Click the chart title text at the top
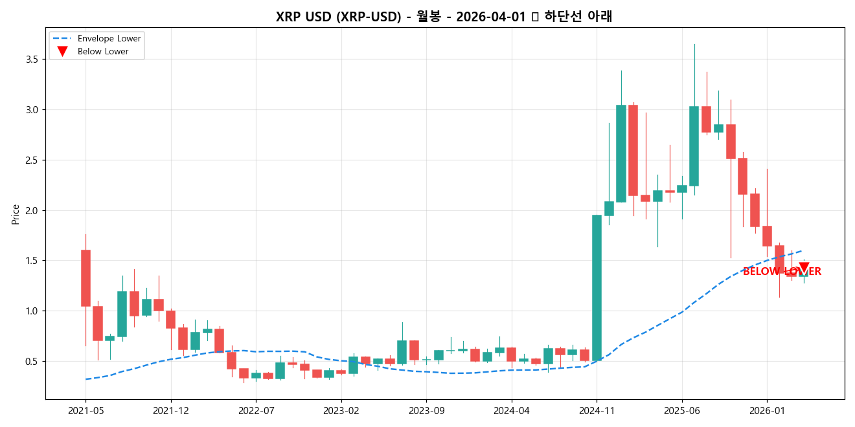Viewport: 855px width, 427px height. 444,17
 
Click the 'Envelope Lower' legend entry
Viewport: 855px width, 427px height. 109,39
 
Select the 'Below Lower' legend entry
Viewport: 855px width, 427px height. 102,52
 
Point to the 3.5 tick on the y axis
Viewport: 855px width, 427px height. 30,60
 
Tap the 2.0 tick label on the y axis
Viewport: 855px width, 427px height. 30,211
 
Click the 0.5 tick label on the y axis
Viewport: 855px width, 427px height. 30,362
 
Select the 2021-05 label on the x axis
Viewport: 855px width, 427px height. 85,410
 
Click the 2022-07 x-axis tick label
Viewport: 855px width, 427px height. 256,410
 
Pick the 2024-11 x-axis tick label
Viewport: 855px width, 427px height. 597,410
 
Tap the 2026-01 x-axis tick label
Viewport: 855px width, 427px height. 767,410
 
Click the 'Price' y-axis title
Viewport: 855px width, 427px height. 16,214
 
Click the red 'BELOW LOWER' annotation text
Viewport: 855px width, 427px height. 782,272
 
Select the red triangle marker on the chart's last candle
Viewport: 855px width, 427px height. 804,267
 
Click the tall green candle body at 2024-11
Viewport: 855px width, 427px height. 597,287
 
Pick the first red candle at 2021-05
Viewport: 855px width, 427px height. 85,278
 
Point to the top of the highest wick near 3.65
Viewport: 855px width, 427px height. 694,45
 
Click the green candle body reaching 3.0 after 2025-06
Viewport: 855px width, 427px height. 694,146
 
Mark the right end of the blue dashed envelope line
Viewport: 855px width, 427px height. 803,250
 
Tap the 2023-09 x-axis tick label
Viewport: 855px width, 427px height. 426,410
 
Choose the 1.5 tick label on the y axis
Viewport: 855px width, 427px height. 30,261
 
